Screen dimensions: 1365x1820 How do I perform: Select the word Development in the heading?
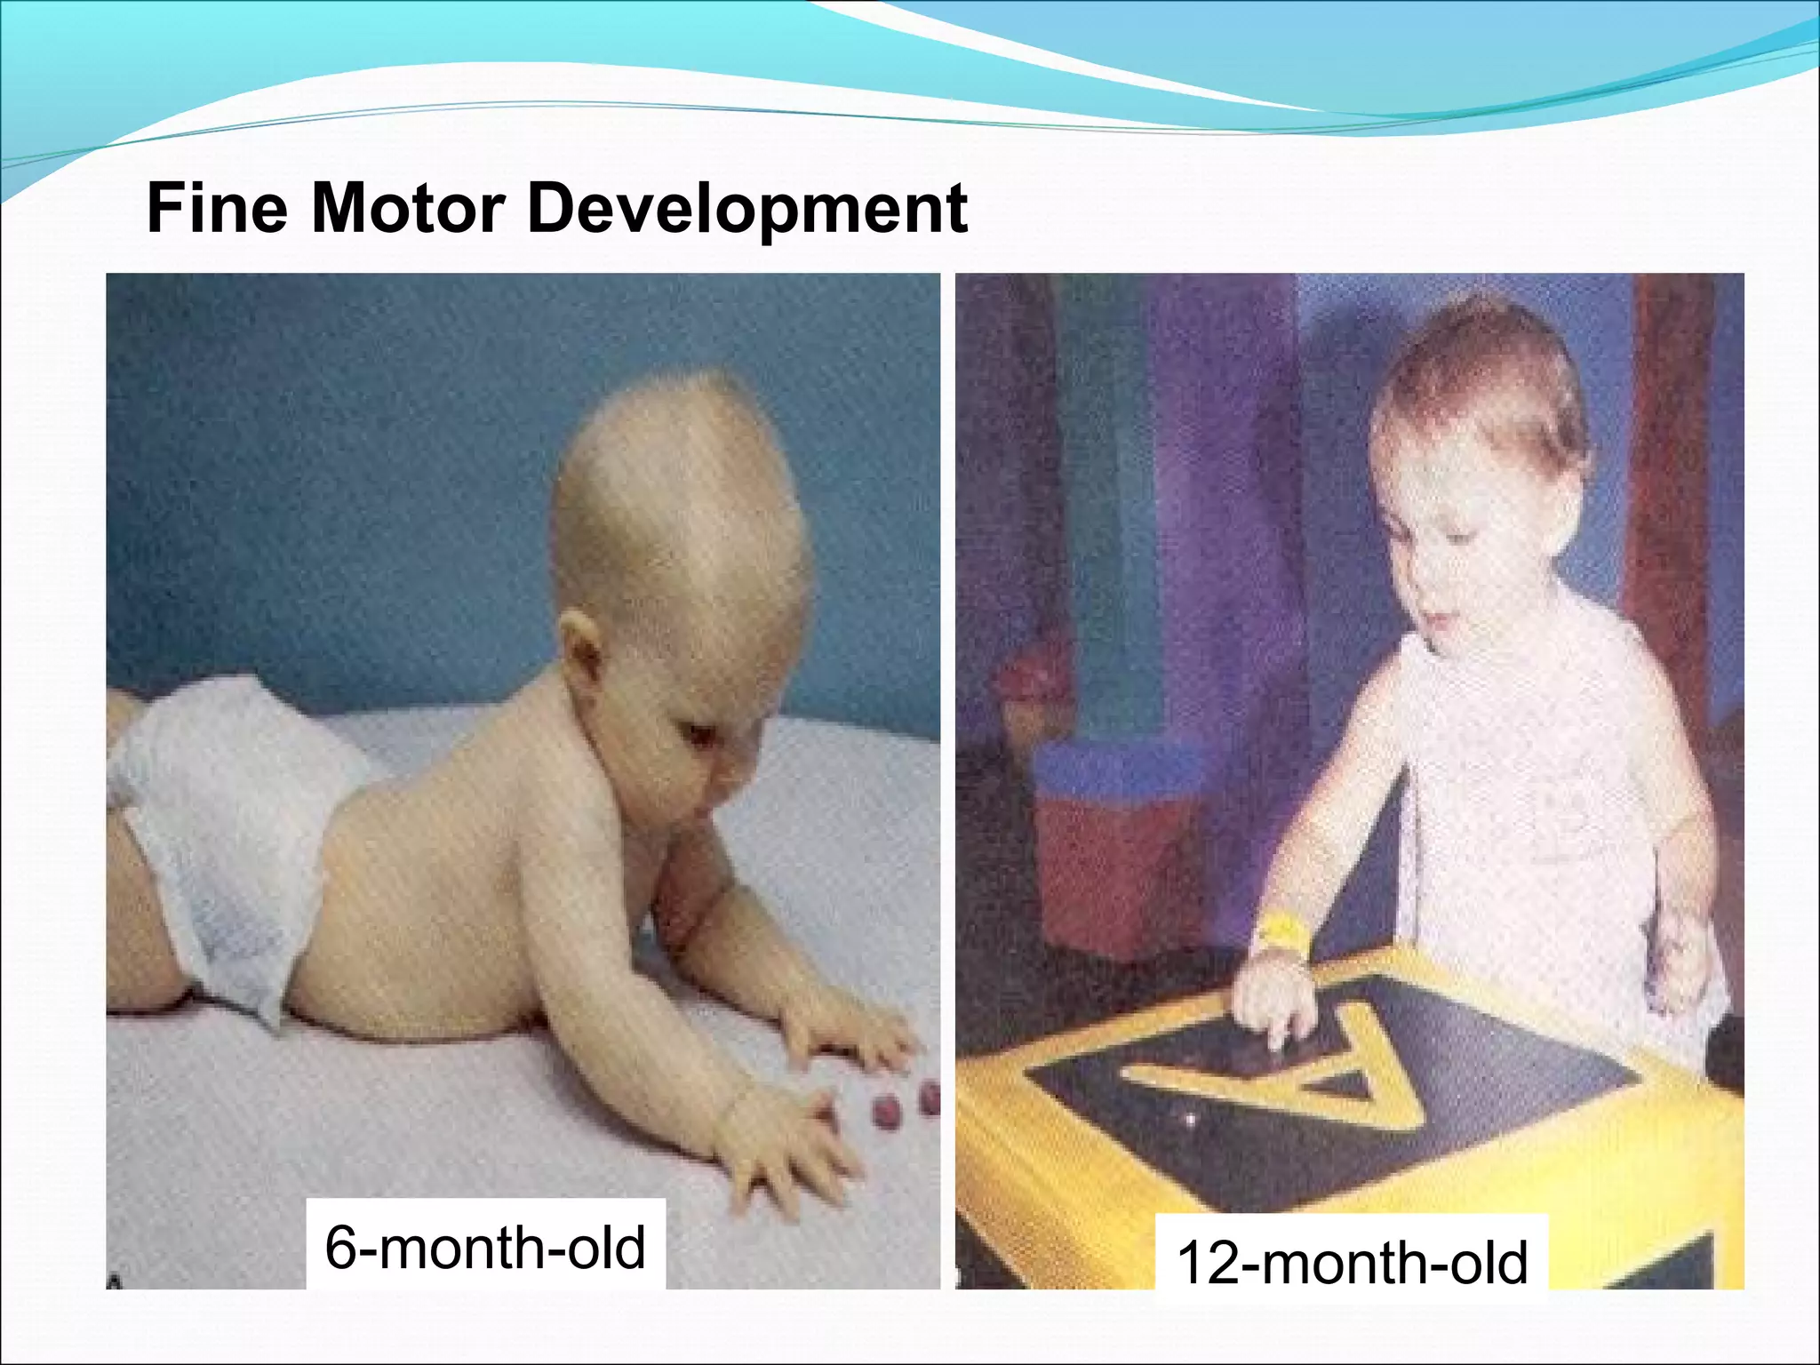[746, 210]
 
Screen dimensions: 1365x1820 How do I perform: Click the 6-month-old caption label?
[485, 1246]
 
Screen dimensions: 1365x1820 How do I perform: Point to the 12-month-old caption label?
[1351, 1262]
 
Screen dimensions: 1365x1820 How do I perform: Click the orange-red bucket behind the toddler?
[1111, 853]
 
